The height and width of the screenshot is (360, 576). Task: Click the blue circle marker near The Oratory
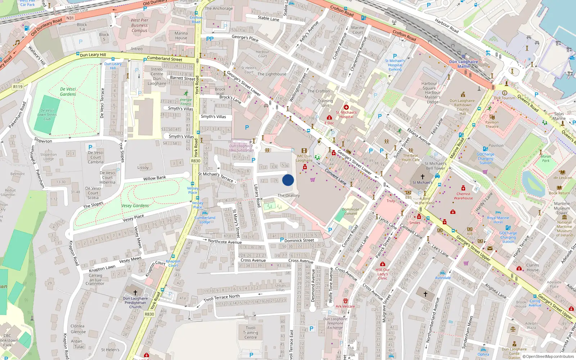point(288,180)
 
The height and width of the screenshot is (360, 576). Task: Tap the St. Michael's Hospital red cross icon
point(346,107)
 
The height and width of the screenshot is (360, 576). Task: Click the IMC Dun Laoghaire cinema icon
point(304,151)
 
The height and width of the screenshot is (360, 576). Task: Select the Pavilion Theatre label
point(492,124)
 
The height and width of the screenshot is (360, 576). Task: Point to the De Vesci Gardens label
point(68,91)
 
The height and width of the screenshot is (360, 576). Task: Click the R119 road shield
point(18,86)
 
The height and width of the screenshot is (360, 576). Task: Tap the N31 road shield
point(70,18)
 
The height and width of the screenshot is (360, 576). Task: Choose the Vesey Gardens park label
point(135,206)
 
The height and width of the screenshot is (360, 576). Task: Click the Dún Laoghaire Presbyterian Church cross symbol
point(135,293)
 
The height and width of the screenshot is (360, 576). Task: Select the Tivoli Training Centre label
point(251,333)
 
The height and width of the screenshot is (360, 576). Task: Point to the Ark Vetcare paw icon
point(346,301)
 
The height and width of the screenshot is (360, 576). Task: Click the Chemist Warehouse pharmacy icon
point(463,188)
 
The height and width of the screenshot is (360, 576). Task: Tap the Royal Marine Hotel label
point(498,220)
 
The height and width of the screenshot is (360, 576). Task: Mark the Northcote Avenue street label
point(225,242)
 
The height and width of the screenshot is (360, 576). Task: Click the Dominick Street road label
point(299,240)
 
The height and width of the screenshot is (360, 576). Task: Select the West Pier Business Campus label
point(139,26)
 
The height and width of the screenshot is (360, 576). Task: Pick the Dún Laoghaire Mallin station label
point(463,64)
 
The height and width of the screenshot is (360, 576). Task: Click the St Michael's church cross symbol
point(423,177)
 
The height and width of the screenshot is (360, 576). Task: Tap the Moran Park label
point(546,158)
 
